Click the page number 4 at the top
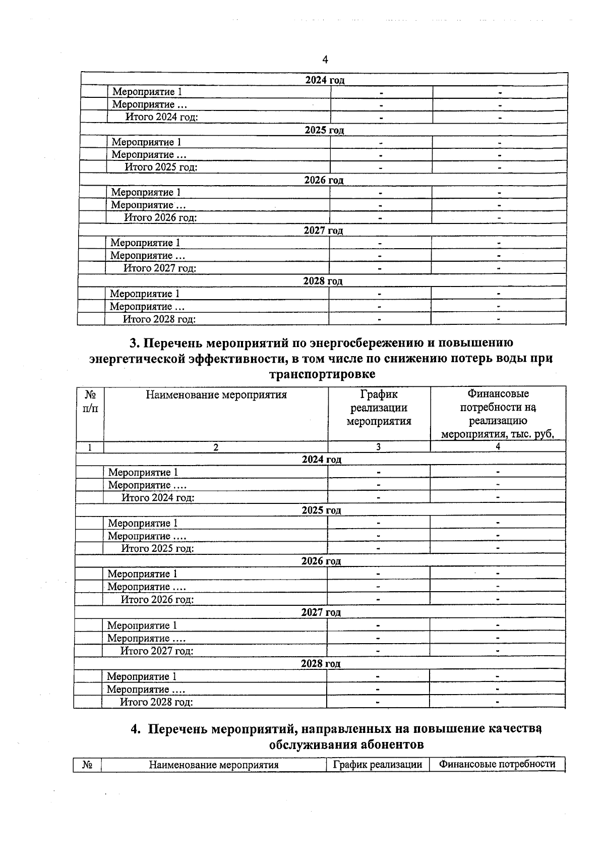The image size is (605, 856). pos(325,60)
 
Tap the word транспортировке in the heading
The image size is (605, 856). pos(323,374)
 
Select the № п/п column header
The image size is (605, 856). pos(90,401)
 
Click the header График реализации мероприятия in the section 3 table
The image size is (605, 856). pos(379,408)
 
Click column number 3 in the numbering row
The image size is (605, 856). pos(378,447)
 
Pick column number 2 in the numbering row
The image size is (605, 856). pos(216,447)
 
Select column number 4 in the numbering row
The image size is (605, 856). pos(498,447)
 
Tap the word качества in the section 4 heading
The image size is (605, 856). pos(515,729)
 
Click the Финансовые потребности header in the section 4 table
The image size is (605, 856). pos(497,764)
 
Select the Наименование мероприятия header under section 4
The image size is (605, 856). pos(214,765)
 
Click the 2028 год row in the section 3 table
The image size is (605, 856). pos(321,664)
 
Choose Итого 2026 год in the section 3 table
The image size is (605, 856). pos(157,600)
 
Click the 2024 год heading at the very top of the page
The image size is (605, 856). pos(325,80)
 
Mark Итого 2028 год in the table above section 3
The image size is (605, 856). pos(159,319)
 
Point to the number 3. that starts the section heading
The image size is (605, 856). pos(134,343)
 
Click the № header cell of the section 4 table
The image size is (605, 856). pos(87,765)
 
